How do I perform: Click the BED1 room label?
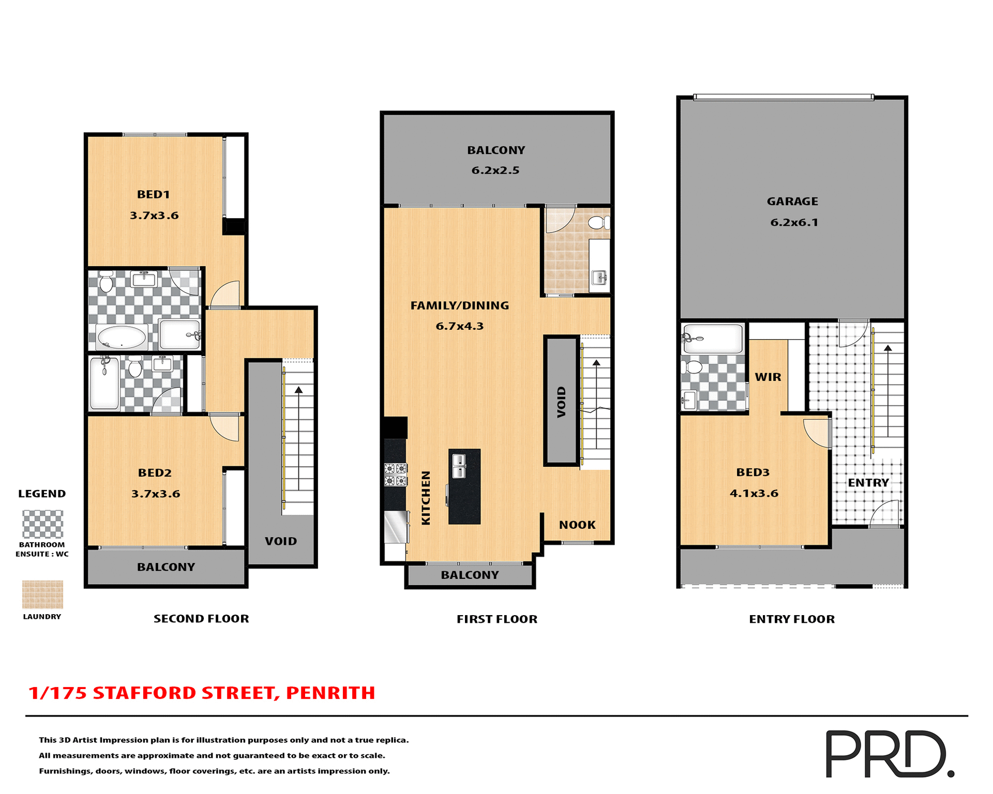[x=153, y=195]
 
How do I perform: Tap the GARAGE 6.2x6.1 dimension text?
[x=794, y=223]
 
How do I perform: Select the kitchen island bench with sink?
[x=464, y=486]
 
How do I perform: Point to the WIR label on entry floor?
[x=768, y=377]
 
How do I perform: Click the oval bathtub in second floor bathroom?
[x=122, y=338]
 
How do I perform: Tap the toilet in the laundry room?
[x=598, y=223]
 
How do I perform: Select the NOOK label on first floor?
[x=577, y=525]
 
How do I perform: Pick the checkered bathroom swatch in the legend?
[x=42, y=524]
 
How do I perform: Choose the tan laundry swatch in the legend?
[x=42, y=594]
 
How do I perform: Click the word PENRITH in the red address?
[x=330, y=693]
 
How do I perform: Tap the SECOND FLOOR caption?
[x=201, y=619]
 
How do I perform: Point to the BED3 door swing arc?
[x=816, y=433]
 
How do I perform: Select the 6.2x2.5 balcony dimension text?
[x=495, y=171]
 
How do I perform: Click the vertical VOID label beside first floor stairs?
[x=561, y=402]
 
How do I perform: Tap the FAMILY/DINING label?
[x=459, y=306]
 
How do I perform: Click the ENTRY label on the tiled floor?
[x=868, y=483]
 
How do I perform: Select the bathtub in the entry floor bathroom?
[x=713, y=339]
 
